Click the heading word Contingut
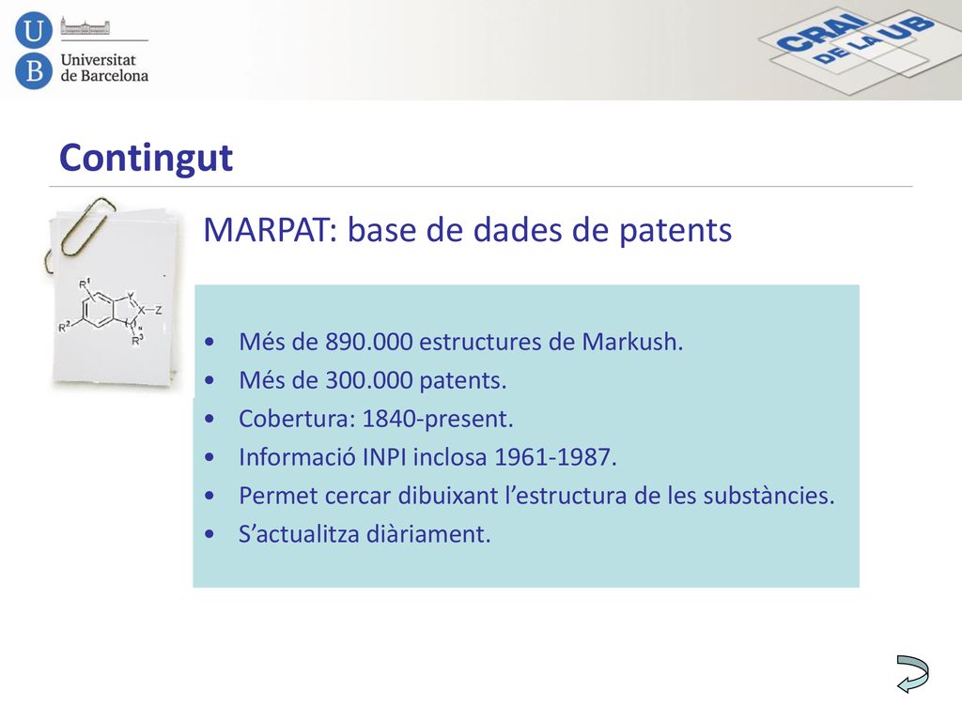click(x=146, y=158)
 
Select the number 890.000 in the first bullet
click(x=368, y=342)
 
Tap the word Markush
click(x=632, y=342)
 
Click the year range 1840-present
click(x=438, y=420)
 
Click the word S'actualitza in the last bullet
click(x=299, y=534)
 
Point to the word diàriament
click(x=428, y=534)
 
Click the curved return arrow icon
click(x=913, y=674)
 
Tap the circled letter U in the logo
click(x=34, y=30)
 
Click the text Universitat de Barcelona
click(x=104, y=68)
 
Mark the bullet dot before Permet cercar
click(x=209, y=496)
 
